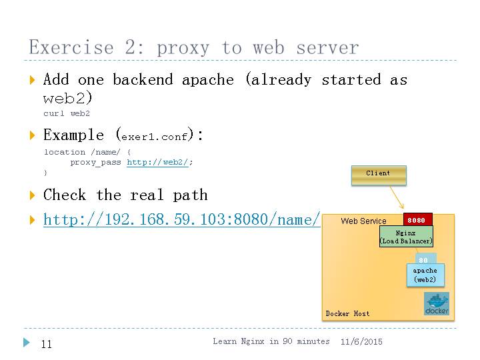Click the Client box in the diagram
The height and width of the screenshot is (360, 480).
378,174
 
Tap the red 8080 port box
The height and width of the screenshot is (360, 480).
417,220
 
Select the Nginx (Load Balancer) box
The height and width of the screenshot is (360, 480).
406,237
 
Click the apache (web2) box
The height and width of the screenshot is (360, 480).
425,275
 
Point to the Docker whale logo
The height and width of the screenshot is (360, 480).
437,303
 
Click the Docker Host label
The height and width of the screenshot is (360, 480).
347,313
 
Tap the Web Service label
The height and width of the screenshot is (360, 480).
363,221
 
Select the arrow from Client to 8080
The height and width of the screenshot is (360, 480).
399,198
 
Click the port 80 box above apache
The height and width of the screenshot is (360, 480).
423,260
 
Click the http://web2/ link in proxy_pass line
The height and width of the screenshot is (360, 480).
157,162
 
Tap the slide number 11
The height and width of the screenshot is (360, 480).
46,344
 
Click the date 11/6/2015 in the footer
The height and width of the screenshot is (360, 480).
361,341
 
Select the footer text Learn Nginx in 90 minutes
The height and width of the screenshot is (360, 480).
271,341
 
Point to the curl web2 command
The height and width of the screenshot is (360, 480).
67,113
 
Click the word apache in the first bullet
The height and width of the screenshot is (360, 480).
208,80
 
